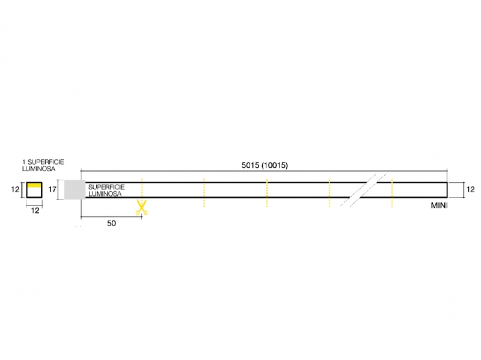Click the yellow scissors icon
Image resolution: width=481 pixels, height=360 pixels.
141,207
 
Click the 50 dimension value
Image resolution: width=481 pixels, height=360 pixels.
112,223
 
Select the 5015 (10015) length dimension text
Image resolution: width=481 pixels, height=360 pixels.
265,165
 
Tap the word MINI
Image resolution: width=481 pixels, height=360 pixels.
440,206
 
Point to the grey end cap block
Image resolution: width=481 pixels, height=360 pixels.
75,189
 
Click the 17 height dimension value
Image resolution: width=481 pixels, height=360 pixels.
52,189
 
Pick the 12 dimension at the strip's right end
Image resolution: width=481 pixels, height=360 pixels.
470,189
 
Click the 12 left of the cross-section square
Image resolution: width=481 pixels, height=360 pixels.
14,189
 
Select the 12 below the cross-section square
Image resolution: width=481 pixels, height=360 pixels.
35,210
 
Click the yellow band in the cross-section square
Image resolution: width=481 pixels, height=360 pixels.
34,185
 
